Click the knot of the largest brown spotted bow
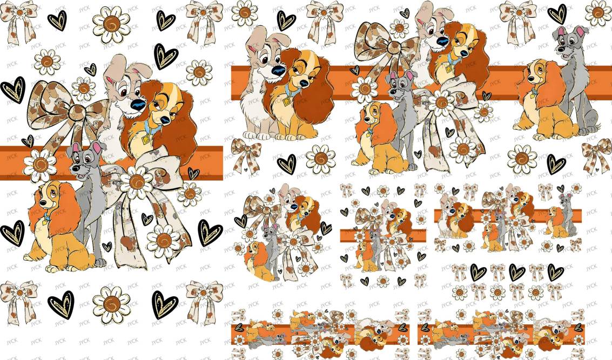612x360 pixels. click(x=77, y=112)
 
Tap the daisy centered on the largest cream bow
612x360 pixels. click(x=136, y=182)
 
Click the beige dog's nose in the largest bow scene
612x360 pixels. click(x=137, y=105)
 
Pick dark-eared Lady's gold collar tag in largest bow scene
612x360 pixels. click(x=146, y=140)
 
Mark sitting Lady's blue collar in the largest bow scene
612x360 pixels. click(x=47, y=216)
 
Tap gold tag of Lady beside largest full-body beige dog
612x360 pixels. click(x=288, y=102)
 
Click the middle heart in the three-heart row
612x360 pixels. click(x=517, y=272)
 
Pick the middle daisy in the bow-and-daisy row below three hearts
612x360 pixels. click(x=497, y=292)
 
